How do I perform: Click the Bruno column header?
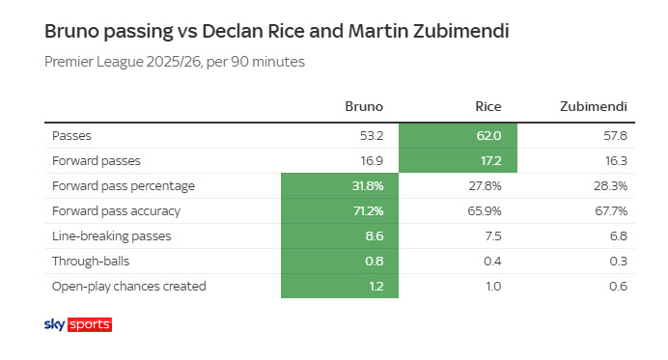coord(364,106)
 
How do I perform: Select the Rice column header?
coord(488,106)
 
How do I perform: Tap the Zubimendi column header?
coord(594,106)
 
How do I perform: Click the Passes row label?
coord(71,135)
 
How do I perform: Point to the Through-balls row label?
coord(91,261)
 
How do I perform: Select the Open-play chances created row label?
coord(129,286)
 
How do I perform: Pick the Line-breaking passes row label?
coord(112,235)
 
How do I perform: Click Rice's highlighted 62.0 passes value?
coord(488,135)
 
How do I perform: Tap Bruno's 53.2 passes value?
coord(372,135)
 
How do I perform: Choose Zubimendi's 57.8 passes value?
coord(615,135)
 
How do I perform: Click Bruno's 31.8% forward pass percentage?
coord(368,185)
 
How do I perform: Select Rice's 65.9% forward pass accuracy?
coord(485,211)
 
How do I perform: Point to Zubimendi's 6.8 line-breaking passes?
coord(619,236)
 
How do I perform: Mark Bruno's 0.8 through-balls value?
coord(375,262)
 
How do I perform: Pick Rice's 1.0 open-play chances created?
coord(493,287)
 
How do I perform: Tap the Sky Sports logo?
coord(78,324)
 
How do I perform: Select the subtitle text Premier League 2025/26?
coord(123,62)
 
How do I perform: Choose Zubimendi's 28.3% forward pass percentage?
coord(610,185)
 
